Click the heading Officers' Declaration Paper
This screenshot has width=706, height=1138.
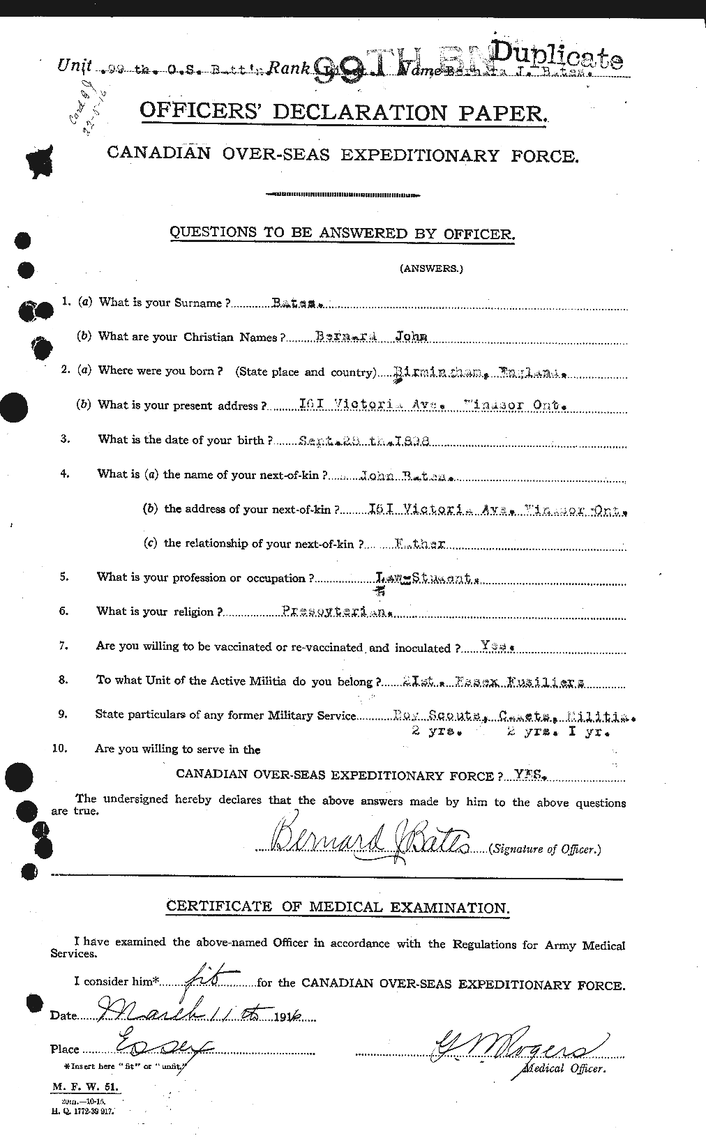coord(340,112)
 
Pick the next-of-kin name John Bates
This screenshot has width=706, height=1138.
coord(406,477)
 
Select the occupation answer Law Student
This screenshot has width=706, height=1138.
coord(426,578)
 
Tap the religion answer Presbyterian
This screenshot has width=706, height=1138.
coord(336,612)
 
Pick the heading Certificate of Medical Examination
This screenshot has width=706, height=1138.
coord(338,908)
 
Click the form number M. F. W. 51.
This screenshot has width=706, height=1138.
coord(85,1086)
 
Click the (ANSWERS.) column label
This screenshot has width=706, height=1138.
coord(430,268)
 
